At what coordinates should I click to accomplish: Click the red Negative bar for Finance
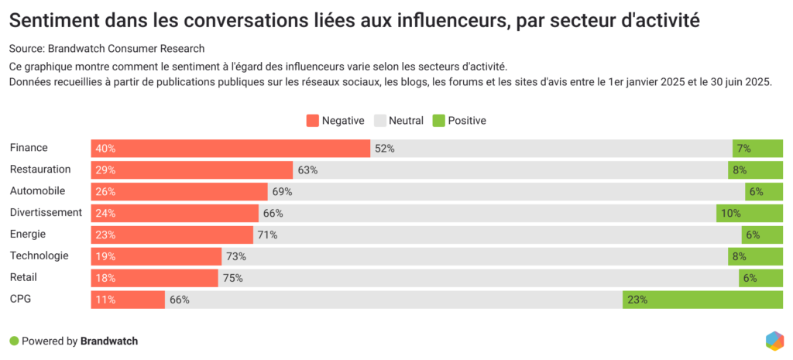point(230,149)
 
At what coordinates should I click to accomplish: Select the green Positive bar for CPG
point(702,300)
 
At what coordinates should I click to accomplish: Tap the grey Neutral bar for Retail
point(478,278)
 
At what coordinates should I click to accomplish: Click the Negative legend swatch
point(313,121)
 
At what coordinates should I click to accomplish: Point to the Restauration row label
point(40,170)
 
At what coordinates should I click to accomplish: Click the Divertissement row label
point(46,212)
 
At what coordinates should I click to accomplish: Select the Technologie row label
point(39,255)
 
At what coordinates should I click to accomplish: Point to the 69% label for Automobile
point(282,191)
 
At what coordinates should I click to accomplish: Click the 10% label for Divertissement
point(731,213)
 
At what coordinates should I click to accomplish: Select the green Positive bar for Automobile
point(764,191)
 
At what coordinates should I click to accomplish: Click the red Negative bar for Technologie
point(156,256)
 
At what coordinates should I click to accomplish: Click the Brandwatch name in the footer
point(109,341)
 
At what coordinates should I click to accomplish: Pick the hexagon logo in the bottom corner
point(774,341)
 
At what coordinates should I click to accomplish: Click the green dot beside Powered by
point(13,341)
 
